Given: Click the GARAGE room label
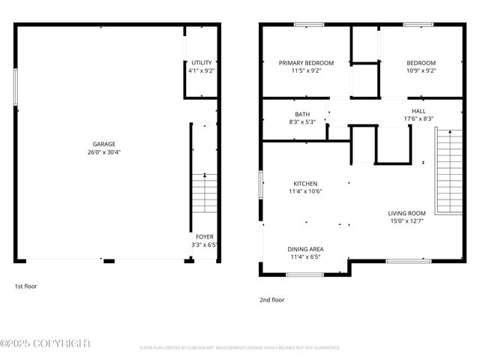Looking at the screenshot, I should point(104,144).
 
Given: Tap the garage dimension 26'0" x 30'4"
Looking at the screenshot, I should point(104,152).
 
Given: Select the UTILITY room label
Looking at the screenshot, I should point(202,63).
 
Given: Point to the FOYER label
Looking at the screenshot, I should point(205,237).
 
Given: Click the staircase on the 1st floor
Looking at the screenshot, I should point(205,193).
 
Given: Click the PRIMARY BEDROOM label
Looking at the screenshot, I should point(306,63).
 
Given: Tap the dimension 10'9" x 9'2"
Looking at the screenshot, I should point(421,71).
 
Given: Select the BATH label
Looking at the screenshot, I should point(302,115).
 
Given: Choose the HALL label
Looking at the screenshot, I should point(418,110).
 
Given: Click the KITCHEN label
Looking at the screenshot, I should point(305,184).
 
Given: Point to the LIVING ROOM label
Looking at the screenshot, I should point(406,213).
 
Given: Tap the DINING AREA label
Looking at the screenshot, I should point(305,249).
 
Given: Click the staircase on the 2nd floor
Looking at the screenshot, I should point(448,171).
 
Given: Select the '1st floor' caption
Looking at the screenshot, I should point(25,286).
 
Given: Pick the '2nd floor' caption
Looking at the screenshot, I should point(271,299).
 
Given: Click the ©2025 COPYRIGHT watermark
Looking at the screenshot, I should point(46,343).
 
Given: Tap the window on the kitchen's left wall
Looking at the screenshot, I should point(260,185).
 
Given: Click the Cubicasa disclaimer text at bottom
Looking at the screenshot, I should point(239,348).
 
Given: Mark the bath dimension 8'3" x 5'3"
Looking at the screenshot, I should point(302,122).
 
